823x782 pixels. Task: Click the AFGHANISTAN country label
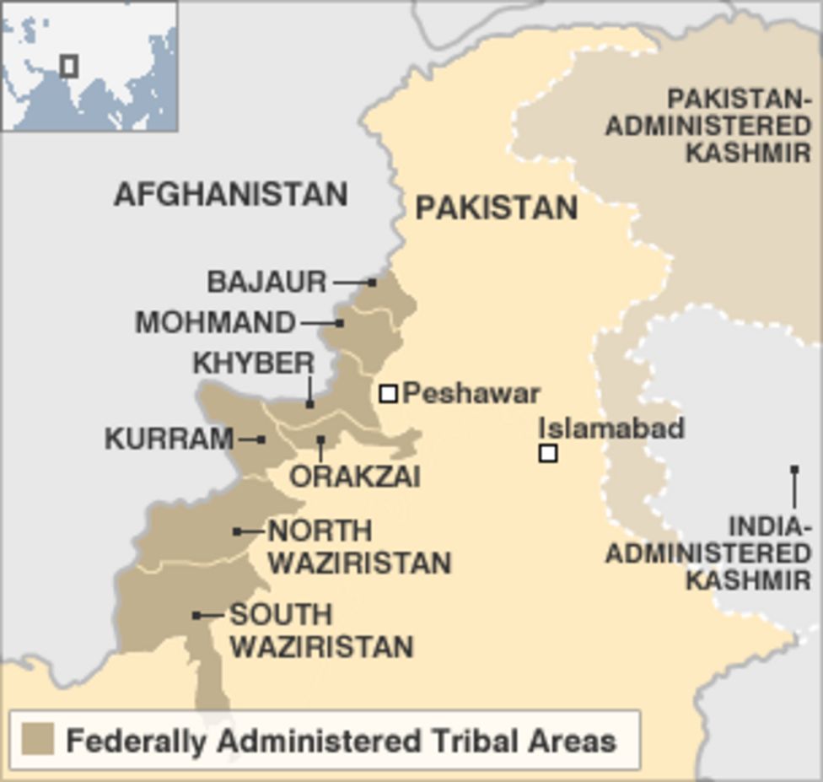[x=230, y=195]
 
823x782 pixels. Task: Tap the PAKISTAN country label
[x=496, y=208]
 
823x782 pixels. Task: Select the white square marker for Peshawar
[x=388, y=393]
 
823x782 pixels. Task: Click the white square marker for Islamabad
[x=548, y=453]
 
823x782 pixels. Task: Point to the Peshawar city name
[x=471, y=393]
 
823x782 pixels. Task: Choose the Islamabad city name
[x=611, y=428]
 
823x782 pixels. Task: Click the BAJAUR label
[x=266, y=282]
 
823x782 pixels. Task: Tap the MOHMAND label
[x=216, y=322]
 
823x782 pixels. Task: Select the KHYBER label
[x=253, y=364]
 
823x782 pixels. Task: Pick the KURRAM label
[x=169, y=439]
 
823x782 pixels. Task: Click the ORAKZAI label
[x=355, y=477]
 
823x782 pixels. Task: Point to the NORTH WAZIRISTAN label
[x=359, y=547]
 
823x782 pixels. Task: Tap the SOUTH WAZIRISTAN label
[x=321, y=630]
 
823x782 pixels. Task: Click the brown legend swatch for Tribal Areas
[x=38, y=739]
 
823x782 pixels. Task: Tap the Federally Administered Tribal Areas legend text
[x=341, y=742]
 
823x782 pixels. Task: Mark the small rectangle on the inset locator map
[x=69, y=65]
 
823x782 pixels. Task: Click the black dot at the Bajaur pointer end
[x=372, y=282]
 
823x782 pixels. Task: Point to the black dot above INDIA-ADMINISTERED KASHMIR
[x=793, y=469]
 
